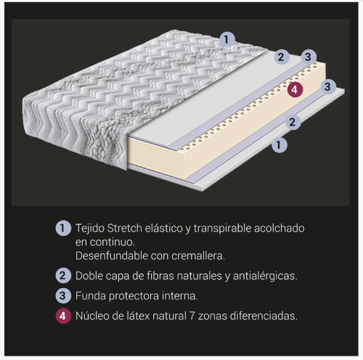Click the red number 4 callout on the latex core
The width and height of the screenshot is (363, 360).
coord(295,90)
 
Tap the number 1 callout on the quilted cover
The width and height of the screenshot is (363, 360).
coord(227,39)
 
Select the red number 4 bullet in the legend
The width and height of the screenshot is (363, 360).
coord(63,316)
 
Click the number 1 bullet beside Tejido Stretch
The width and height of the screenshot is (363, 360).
coord(63,228)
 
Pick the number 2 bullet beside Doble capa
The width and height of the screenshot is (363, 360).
coord(63,276)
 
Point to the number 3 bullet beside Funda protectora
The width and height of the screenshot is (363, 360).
coord(63,295)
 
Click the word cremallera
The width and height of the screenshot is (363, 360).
coord(198,256)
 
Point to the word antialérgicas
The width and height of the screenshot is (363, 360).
coord(265,277)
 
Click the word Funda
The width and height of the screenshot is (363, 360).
coord(91,296)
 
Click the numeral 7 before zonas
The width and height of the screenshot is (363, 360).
coord(192,316)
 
